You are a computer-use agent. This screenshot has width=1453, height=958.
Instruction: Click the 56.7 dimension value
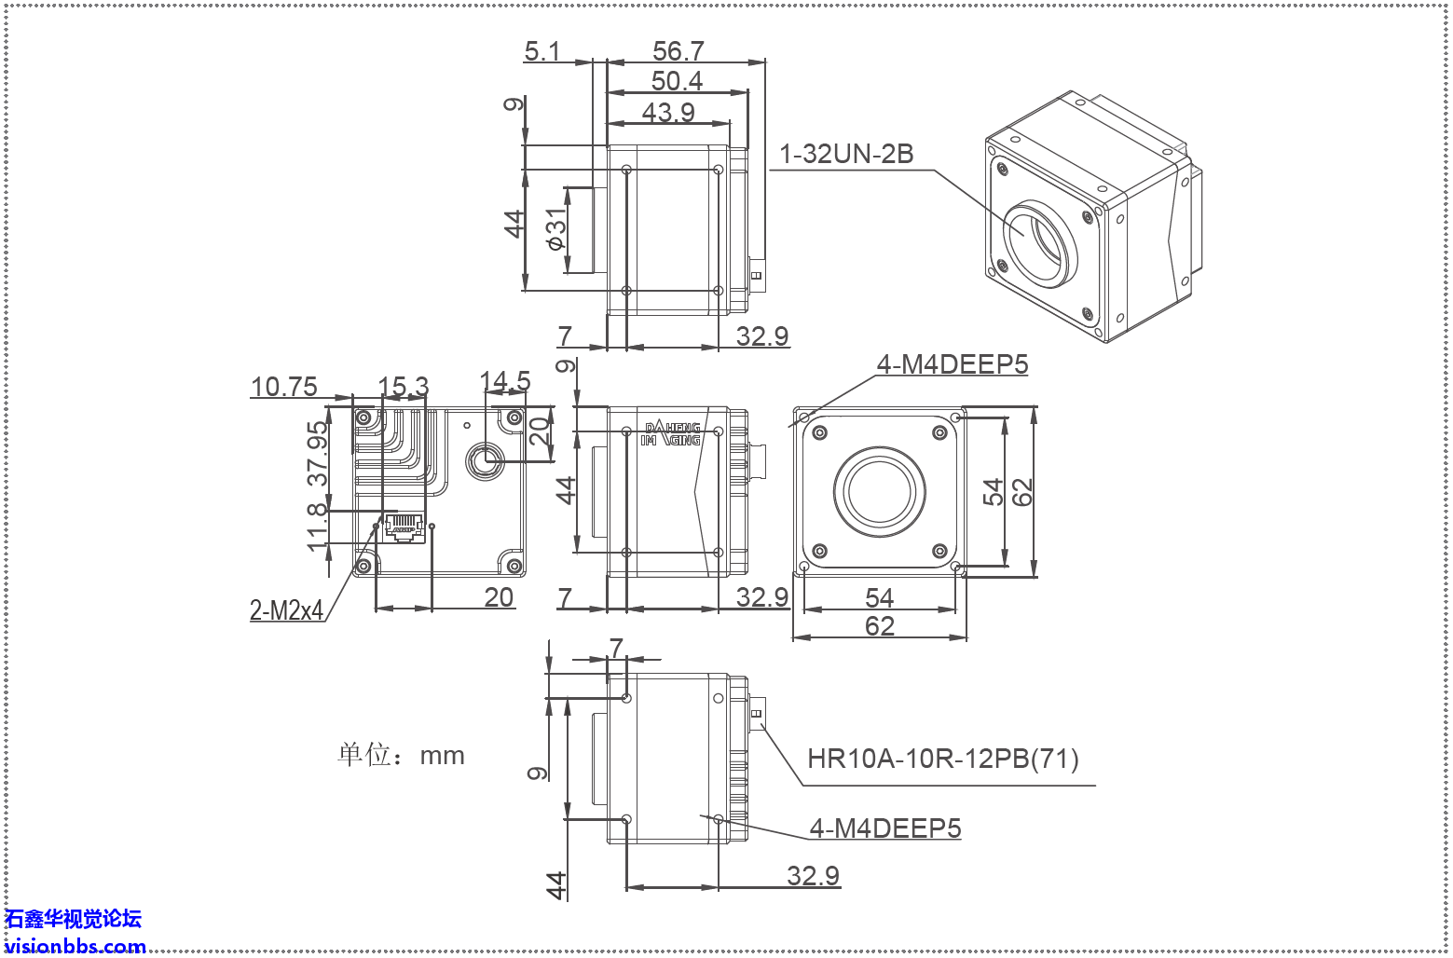tap(678, 50)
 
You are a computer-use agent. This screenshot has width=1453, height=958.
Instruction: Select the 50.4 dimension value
tap(677, 81)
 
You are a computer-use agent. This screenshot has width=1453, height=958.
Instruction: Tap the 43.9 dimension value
tap(668, 112)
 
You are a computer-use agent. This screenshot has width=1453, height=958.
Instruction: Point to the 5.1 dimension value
tap(542, 50)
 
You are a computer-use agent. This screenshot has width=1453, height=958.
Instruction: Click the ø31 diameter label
tap(556, 229)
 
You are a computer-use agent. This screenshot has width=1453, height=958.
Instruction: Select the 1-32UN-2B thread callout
tap(846, 154)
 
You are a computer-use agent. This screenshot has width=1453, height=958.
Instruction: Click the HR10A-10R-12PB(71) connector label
tap(942, 758)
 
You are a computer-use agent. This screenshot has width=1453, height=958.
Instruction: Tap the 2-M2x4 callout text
tap(286, 610)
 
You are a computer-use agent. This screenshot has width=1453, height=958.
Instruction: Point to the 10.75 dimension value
tap(284, 386)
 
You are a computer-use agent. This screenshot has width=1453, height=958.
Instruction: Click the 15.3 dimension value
tap(404, 386)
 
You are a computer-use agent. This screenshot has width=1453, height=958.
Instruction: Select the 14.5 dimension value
tap(504, 381)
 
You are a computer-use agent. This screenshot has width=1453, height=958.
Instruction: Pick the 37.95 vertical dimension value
tap(319, 453)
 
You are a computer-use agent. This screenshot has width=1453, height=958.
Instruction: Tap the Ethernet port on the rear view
tap(404, 527)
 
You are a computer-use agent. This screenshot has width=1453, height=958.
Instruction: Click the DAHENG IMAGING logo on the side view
tap(672, 434)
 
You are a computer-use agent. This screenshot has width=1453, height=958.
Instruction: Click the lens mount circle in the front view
tap(879, 490)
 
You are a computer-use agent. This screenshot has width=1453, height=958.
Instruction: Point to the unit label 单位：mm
tap(401, 754)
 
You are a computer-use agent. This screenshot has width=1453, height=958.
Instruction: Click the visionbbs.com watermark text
tap(75, 946)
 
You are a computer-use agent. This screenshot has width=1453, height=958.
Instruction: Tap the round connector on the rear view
tap(485, 458)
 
